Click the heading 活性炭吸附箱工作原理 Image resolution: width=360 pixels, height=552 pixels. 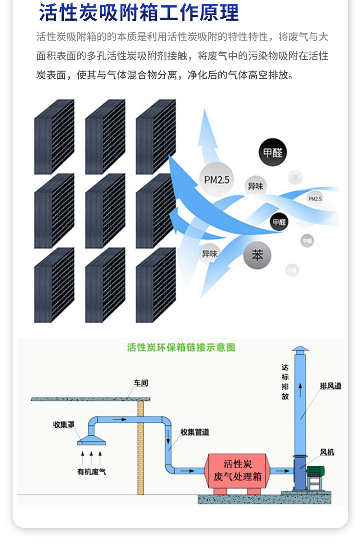pyautogui.click(x=139, y=13)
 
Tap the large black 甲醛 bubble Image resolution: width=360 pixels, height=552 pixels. pyautogui.click(x=273, y=153)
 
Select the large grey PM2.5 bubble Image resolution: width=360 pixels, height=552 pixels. pyautogui.click(x=216, y=180)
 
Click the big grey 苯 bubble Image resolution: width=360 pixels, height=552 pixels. pyautogui.click(x=257, y=255)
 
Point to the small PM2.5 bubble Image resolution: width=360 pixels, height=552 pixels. pyautogui.click(x=315, y=198)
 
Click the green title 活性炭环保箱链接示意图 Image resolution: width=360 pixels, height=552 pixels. pyautogui.click(x=181, y=347)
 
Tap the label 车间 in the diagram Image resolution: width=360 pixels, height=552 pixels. pyautogui.click(x=141, y=383)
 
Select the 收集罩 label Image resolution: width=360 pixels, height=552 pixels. pyautogui.click(x=63, y=425)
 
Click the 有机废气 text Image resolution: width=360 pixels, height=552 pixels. pyautogui.click(x=92, y=472)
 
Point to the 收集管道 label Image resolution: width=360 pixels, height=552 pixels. pyautogui.click(x=195, y=432)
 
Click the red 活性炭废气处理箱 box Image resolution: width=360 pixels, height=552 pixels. pyautogui.click(x=238, y=470)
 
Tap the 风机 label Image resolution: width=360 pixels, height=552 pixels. pyautogui.click(x=327, y=452)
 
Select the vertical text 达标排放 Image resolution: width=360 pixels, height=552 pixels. pyautogui.click(x=285, y=382)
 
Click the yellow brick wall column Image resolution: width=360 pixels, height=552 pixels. pyautogui.click(x=141, y=447)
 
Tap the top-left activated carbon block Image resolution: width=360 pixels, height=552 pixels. pyautogui.click(x=54, y=136)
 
